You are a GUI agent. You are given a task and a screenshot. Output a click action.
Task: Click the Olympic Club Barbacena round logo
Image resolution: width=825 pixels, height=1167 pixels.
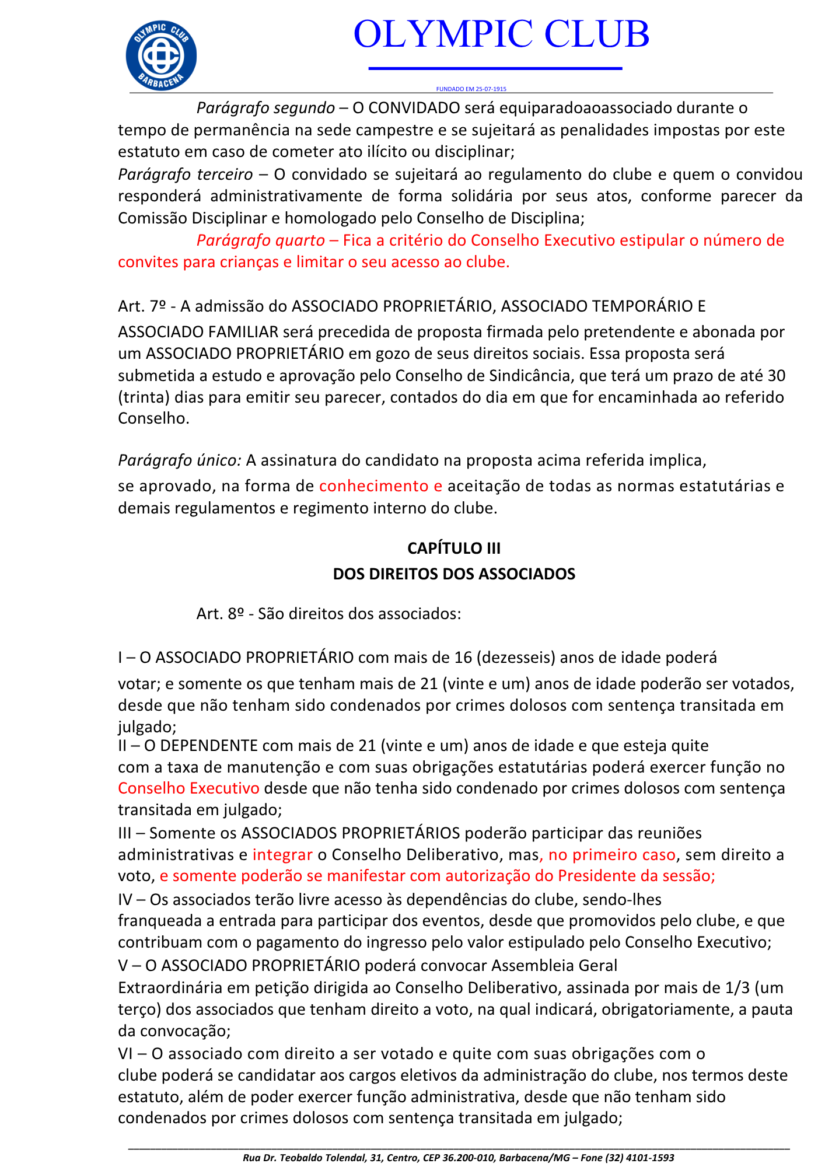click(x=162, y=56)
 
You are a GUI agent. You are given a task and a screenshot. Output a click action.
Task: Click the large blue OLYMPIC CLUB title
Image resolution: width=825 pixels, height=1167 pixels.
click(x=501, y=34)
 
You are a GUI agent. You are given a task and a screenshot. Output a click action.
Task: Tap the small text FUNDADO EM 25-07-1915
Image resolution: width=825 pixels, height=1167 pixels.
click(x=471, y=89)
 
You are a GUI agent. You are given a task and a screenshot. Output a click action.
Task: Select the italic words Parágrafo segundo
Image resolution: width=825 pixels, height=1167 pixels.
click(x=265, y=108)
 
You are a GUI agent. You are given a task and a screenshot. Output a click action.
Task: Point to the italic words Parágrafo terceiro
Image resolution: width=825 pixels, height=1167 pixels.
click(x=186, y=174)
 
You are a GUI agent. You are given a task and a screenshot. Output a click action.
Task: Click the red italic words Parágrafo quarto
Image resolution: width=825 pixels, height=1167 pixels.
click(x=260, y=240)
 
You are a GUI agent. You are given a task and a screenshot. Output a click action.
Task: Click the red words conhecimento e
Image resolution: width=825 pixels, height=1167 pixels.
click(x=380, y=485)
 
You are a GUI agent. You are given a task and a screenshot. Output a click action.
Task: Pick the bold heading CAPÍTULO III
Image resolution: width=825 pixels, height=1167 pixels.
click(x=454, y=548)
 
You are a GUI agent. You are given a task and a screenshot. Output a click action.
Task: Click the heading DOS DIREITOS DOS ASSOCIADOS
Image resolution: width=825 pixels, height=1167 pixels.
click(x=454, y=574)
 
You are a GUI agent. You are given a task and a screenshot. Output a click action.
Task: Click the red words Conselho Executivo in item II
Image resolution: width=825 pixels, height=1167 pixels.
click(x=188, y=788)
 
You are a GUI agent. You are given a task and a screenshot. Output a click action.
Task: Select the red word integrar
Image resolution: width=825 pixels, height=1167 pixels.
click(x=282, y=855)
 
